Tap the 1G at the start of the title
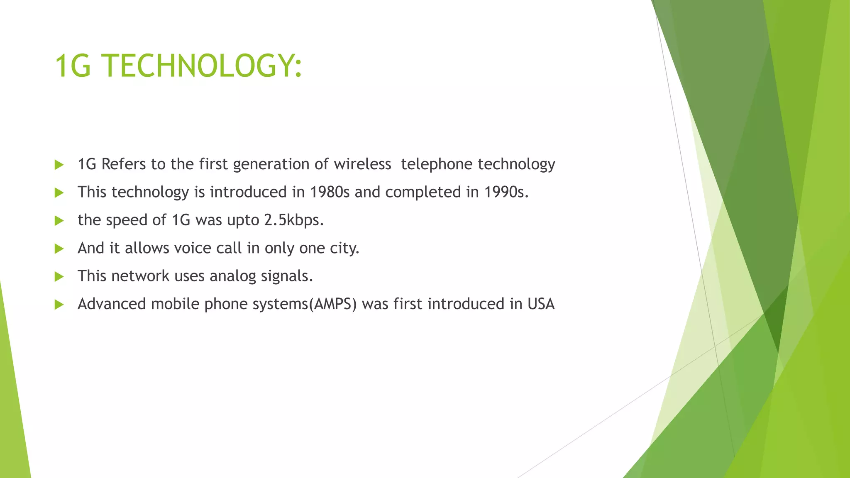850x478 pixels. point(73,66)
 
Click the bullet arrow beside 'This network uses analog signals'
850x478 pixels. point(59,277)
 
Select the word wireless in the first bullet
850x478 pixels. point(362,164)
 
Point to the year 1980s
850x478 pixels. point(330,192)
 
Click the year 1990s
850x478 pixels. point(506,192)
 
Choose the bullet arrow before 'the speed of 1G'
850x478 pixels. point(59,221)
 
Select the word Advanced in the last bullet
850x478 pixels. point(112,304)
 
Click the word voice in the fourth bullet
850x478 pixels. point(193,248)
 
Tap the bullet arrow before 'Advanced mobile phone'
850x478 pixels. point(59,305)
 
